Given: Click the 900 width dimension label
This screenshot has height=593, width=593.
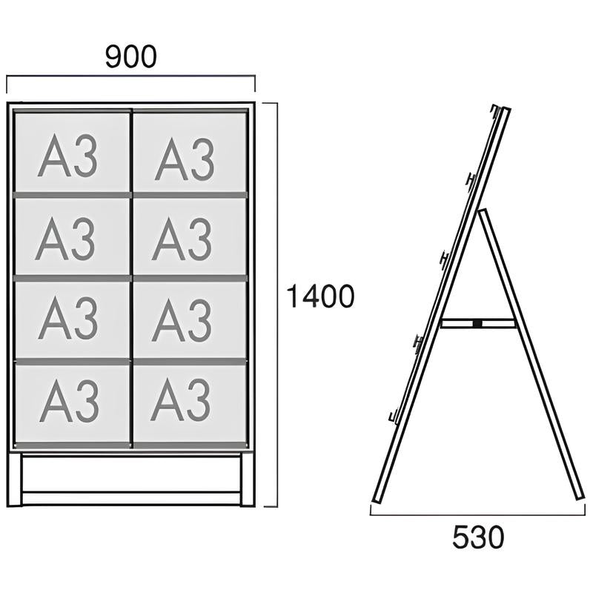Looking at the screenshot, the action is pyautogui.click(x=131, y=57).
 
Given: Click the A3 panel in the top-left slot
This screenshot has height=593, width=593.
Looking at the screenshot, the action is pyautogui.click(x=72, y=153).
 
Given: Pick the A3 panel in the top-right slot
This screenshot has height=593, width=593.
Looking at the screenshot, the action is pyautogui.click(x=190, y=153).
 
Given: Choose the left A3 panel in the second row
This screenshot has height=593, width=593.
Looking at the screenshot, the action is pyautogui.click(x=72, y=236).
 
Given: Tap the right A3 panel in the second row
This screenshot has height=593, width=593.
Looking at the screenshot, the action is pyautogui.click(x=190, y=236).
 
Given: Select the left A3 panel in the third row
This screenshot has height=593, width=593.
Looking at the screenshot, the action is pyautogui.click(x=72, y=319).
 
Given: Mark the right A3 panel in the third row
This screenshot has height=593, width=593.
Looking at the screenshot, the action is pyautogui.click(x=190, y=319).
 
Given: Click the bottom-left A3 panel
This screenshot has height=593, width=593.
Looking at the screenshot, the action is pyautogui.click(x=72, y=403).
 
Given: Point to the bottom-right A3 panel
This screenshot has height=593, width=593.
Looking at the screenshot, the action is pyautogui.click(x=190, y=403).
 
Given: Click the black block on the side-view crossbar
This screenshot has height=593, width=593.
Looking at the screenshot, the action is pyautogui.click(x=477, y=323).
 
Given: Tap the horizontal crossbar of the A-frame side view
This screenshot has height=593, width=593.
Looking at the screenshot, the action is pyautogui.click(x=477, y=323).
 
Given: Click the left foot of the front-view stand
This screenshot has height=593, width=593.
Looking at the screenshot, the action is pyautogui.click(x=14, y=480).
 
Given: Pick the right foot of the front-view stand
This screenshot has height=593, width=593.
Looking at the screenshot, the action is pyautogui.click(x=248, y=480).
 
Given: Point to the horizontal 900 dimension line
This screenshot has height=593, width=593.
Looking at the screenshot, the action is pyautogui.click(x=131, y=76).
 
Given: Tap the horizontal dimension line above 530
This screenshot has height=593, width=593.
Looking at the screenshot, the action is pyautogui.click(x=477, y=514).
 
